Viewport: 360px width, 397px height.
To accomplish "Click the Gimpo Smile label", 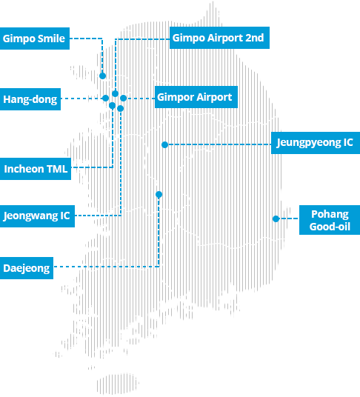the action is point(35,39).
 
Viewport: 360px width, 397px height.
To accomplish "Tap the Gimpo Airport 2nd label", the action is point(219,38).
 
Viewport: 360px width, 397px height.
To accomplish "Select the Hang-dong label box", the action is point(30,99).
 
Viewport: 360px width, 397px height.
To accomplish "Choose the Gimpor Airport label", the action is point(196,97).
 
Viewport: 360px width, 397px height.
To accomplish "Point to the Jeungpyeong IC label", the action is point(316,143).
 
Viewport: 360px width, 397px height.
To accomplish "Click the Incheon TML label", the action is point(36,169).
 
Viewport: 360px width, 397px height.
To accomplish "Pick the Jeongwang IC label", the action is point(37,216).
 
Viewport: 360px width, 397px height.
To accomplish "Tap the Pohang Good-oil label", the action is point(330,220).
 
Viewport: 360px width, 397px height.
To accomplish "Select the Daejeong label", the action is point(27,268).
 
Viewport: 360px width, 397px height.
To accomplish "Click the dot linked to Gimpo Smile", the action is point(102,76).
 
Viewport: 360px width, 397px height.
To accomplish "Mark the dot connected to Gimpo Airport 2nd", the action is point(116,93).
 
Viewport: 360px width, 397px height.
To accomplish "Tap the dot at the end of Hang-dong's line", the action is point(106,99).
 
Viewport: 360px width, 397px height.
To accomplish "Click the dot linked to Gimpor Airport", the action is point(123,99).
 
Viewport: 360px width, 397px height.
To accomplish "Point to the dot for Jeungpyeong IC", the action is point(164,144).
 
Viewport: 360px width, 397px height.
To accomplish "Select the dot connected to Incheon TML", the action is point(112,105).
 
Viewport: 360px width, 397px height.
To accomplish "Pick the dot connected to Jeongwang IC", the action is point(120,108).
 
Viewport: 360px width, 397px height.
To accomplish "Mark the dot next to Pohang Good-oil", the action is point(276,218).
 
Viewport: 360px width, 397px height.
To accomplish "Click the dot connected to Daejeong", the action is point(159,195).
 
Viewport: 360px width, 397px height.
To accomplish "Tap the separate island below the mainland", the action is point(118,384).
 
